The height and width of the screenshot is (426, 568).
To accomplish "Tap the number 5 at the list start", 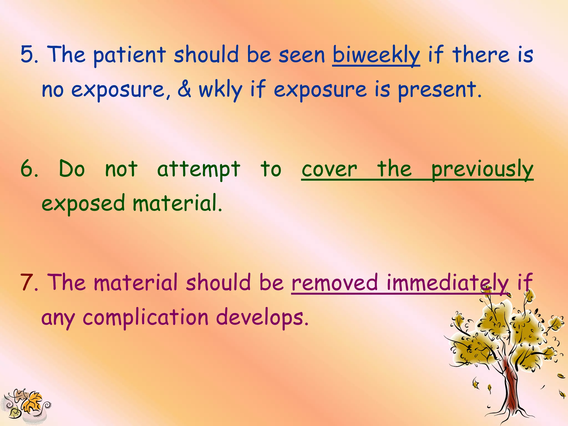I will click(27, 54).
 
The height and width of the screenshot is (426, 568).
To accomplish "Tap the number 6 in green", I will click(27, 169).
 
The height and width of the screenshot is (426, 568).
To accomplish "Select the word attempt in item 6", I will click(198, 169).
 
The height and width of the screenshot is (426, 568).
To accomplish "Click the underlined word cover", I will click(329, 169).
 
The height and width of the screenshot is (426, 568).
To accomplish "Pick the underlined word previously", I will click(482, 169).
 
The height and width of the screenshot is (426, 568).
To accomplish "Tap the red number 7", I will click(27, 283).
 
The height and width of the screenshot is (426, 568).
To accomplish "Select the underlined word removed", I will click(335, 283).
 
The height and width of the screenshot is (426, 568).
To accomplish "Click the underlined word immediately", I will click(447, 283).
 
